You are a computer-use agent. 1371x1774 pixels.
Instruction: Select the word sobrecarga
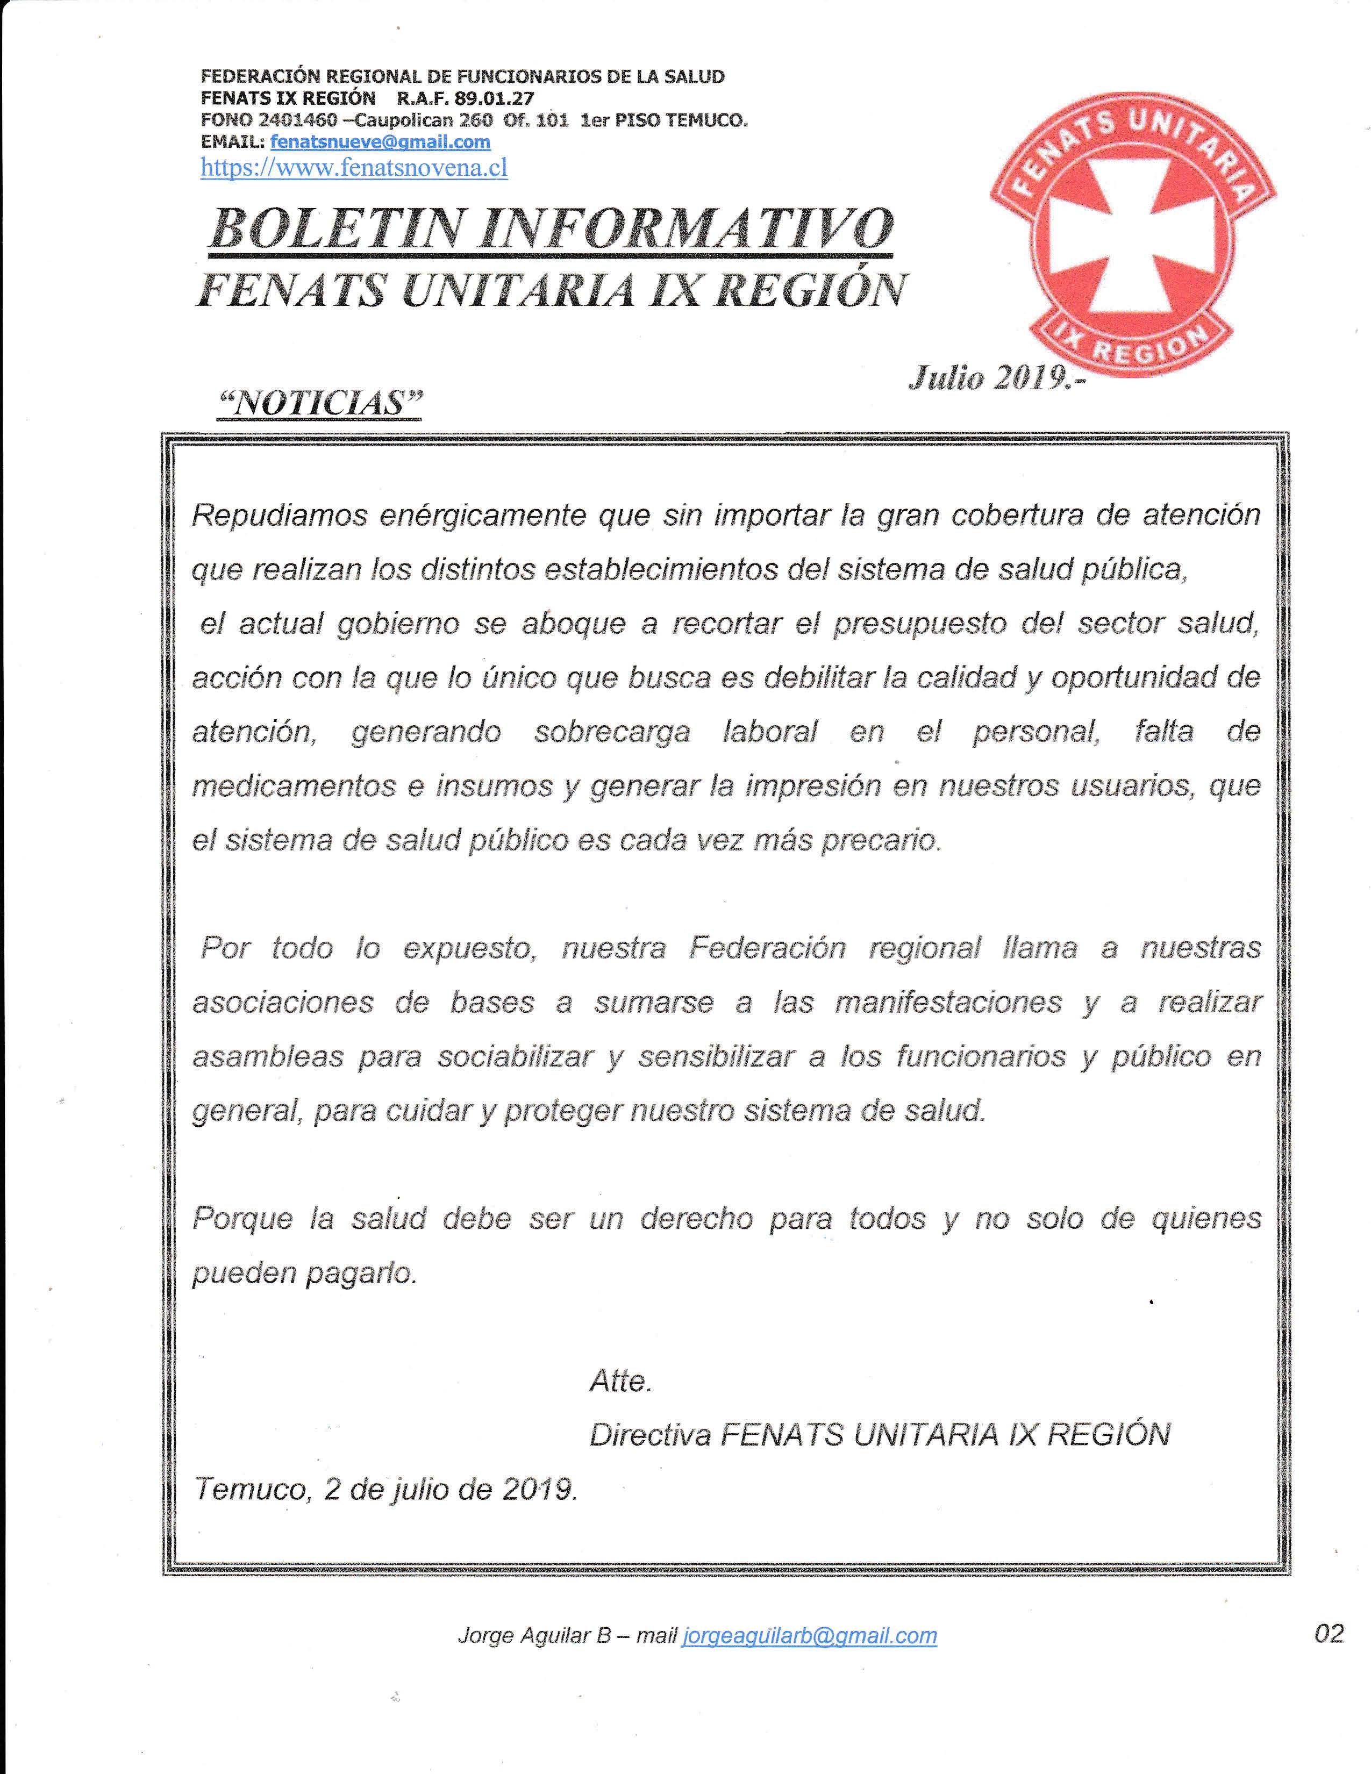point(612,732)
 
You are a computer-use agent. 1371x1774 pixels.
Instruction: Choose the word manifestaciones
point(948,1003)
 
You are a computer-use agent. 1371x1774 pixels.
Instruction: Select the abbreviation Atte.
point(620,1381)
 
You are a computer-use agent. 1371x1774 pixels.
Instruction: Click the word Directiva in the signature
point(650,1435)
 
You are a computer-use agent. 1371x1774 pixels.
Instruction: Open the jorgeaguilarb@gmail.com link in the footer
point(810,1635)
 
